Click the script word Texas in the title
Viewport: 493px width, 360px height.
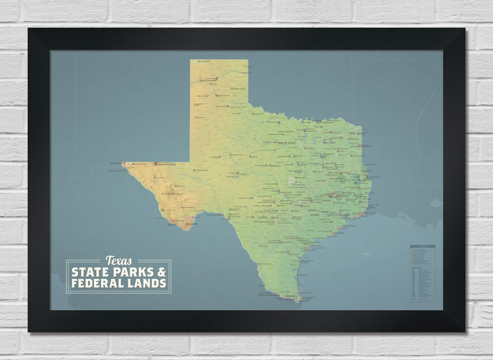click(x=118, y=261)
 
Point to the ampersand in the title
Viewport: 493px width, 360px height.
click(x=162, y=272)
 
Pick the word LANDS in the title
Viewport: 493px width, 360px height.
click(x=147, y=283)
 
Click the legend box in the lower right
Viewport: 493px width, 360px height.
click(x=422, y=273)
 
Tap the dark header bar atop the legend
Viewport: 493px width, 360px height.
click(x=422, y=246)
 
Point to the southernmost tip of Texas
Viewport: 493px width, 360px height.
click(x=299, y=302)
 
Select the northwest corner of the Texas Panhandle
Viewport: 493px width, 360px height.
click(x=191, y=60)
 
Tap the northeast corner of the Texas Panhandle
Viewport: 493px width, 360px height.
click(x=248, y=60)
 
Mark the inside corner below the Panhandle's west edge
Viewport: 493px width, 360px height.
click(x=191, y=162)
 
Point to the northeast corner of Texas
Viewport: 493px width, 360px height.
click(x=361, y=126)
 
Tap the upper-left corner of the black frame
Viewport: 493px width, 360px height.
click(x=29, y=29)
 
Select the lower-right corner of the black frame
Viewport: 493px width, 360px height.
click(x=464, y=331)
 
